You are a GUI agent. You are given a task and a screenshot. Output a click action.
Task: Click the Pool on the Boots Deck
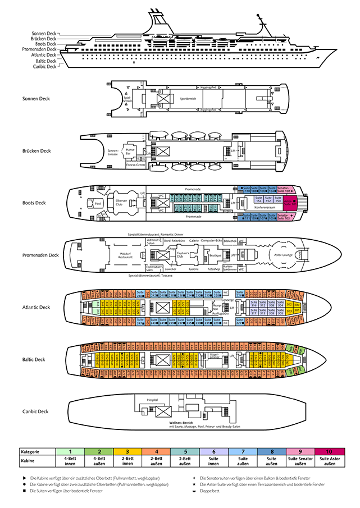click(98, 204)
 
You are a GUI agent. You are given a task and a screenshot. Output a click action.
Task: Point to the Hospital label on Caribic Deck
click(152, 400)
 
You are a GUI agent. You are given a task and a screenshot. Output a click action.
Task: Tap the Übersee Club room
click(121, 203)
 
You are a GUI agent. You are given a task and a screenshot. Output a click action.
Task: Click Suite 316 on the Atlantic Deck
click(254, 304)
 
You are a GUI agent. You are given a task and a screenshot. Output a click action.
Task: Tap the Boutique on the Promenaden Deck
click(215, 255)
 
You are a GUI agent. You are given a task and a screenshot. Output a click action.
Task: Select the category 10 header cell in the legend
click(330, 451)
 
